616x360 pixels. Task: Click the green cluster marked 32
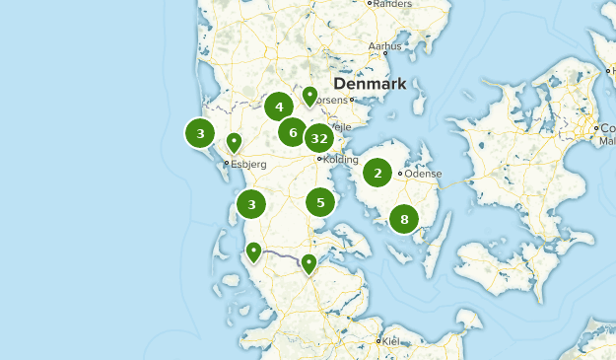point(319,138)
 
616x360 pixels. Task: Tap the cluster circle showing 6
point(293,131)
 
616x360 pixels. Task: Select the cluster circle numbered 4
point(280,108)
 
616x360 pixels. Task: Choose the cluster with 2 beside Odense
point(377,173)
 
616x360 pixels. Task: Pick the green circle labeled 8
point(404,219)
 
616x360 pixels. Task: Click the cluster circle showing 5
point(320,202)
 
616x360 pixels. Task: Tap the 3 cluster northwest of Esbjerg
point(201,132)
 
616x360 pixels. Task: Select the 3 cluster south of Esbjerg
point(252,204)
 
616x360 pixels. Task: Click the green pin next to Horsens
point(309,96)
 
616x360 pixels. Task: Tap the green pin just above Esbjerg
point(235,142)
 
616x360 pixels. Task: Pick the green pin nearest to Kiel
point(309,262)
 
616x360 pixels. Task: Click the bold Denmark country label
point(371,85)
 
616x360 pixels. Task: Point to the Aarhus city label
point(383,45)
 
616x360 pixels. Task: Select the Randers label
point(392,4)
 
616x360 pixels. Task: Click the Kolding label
point(340,159)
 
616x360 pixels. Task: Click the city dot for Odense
point(400,175)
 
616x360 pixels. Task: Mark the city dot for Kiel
point(378,341)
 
